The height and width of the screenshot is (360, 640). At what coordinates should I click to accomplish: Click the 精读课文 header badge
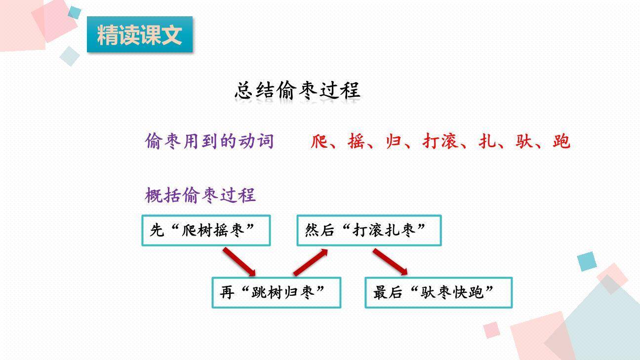140,35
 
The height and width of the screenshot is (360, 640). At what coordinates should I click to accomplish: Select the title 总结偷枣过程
297,90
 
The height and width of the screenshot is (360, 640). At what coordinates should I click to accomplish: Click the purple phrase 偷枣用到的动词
209,141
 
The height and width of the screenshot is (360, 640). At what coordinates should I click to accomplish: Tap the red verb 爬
320,142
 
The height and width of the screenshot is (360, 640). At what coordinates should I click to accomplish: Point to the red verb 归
394,142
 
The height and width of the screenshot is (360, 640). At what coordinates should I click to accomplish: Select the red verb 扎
487,142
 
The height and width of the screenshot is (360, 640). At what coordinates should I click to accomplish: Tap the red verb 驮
524,142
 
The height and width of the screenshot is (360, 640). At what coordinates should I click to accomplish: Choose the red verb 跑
561,142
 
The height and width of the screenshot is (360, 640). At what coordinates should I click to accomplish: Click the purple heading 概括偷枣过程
200,195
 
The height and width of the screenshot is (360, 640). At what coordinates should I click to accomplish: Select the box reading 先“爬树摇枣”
206,230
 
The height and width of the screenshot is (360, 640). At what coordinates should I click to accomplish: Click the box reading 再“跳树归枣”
276,293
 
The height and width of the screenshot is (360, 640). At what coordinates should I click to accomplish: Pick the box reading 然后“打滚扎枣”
369,230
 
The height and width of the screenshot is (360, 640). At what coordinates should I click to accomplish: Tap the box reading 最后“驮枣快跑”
438,293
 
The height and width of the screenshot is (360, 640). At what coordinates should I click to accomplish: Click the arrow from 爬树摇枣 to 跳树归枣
239,262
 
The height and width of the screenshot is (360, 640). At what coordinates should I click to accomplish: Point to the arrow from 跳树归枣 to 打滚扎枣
311,262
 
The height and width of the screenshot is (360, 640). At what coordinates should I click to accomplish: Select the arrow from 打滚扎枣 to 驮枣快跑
390,262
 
